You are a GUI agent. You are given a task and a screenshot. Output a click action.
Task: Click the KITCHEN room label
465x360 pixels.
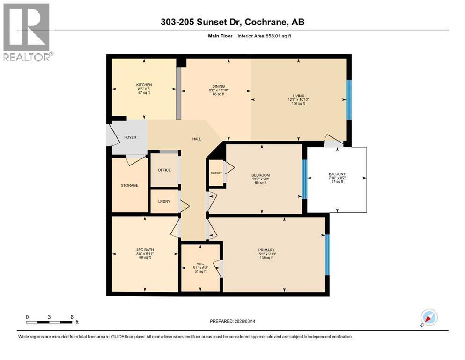[144, 85]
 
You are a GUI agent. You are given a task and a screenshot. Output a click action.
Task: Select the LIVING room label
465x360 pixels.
[298, 96]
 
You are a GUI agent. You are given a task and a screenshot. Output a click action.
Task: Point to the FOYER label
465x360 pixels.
[130, 138]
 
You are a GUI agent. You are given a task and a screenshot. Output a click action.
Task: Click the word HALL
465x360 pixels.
[197, 139]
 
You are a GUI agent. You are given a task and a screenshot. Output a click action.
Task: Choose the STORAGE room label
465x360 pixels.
[130, 185]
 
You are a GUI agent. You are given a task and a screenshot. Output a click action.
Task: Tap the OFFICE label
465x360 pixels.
[164, 170]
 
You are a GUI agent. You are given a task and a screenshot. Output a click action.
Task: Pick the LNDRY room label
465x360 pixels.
[164, 201]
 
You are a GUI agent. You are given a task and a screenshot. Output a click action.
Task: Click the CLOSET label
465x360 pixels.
[216, 173]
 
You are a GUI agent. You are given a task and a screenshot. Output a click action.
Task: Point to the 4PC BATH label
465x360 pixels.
[144, 250]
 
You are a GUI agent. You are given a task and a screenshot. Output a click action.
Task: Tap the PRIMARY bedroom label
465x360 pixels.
[266, 250]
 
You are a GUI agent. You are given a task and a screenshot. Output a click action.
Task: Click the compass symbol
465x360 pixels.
[429, 317]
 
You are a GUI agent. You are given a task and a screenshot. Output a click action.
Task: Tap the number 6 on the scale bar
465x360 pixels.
[72, 317]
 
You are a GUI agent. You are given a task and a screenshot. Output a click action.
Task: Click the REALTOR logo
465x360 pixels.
[27, 33]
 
